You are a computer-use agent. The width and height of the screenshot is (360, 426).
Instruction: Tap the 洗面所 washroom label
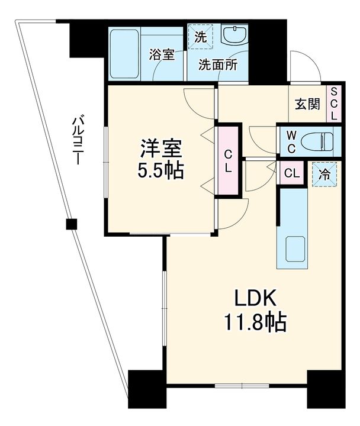tap(218, 66)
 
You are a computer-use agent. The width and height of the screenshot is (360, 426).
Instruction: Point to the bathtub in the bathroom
tap(125, 53)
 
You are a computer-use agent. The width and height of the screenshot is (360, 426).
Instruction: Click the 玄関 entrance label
tap(307, 104)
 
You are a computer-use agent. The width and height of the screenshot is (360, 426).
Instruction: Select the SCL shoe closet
tap(334, 104)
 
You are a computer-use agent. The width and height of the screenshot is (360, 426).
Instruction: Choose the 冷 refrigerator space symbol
tap(324, 175)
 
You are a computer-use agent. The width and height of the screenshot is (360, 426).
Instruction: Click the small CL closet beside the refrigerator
tap(291, 173)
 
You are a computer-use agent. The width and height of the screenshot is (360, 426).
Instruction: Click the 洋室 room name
tap(157, 146)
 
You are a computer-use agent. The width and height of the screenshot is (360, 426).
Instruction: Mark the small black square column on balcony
tap(71, 224)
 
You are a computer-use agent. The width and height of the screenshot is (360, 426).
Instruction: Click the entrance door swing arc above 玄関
tap(307, 66)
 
